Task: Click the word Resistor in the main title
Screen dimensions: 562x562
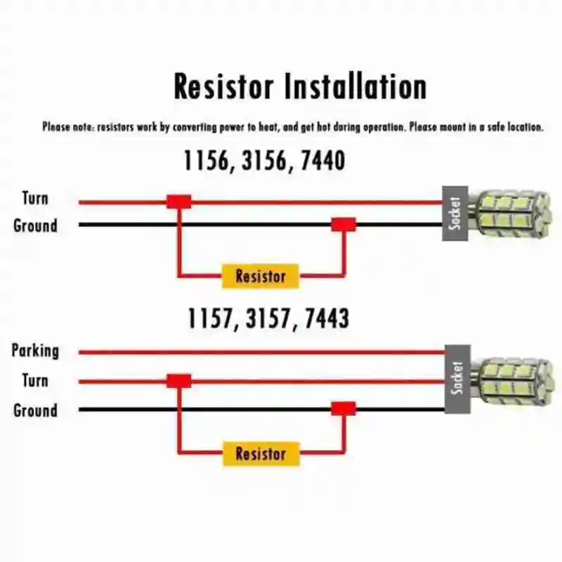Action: point(223,87)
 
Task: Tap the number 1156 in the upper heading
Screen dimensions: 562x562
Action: point(207,161)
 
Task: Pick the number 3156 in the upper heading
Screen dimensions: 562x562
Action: point(264,161)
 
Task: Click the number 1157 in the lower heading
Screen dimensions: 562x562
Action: point(209,319)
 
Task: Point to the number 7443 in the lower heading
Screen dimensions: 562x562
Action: point(326,319)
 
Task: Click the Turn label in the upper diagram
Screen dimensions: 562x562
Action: point(35,198)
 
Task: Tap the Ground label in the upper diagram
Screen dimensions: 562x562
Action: point(35,226)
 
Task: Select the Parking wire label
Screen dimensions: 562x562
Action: point(35,351)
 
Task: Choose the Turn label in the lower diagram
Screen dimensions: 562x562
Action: point(35,381)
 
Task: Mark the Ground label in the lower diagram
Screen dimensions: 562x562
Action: point(35,410)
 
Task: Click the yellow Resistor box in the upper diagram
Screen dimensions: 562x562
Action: point(261,276)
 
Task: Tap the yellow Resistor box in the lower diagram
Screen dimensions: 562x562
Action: point(261,454)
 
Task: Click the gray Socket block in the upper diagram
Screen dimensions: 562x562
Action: point(455,214)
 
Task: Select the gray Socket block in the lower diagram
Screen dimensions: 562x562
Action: point(458,379)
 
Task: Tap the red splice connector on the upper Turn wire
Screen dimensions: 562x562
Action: point(179,202)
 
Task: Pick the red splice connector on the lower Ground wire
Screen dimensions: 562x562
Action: point(344,409)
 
